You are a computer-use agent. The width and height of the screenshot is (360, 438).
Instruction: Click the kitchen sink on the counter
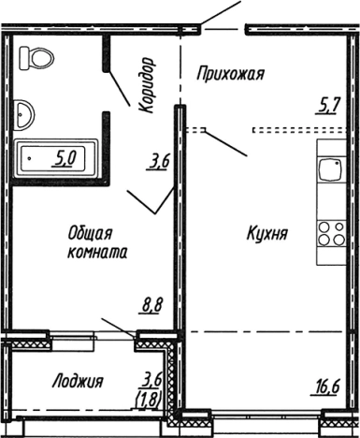point(331,172)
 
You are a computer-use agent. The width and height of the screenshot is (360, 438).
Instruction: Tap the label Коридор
point(146,84)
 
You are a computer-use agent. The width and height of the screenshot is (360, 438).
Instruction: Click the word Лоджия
point(78,381)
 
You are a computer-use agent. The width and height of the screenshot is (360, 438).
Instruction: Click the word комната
point(96,252)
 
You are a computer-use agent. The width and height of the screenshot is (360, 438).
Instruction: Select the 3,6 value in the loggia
point(150,379)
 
